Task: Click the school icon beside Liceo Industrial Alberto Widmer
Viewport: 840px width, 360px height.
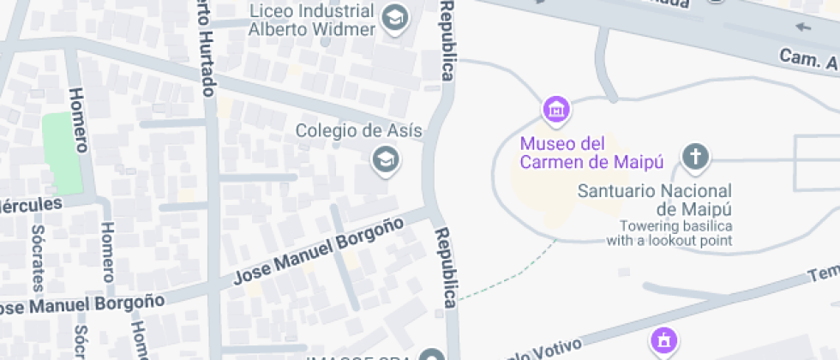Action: coord(394,17)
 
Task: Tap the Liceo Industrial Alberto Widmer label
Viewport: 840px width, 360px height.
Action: coord(312,21)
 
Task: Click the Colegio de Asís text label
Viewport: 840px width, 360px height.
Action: coord(359,131)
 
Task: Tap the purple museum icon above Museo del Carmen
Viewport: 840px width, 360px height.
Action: coord(556,110)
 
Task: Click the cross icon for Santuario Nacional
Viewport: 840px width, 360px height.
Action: coord(695,157)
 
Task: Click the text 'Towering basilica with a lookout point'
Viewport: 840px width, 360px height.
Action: coord(669,233)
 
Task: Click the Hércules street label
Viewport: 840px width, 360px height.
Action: coord(31,206)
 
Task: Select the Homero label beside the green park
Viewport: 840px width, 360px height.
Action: coord(79,120)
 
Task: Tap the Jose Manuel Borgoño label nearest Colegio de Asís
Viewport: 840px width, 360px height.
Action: coord(319,251)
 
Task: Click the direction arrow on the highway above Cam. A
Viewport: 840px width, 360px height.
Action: coord(803,27)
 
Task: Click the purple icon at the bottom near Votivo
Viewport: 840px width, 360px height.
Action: coord(662,340)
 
